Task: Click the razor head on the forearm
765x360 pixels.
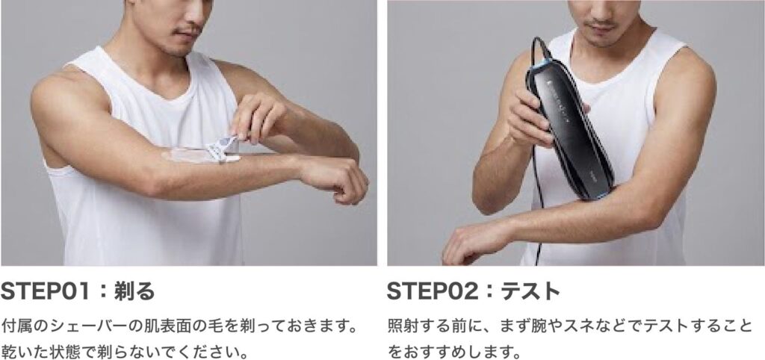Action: click(221, 149)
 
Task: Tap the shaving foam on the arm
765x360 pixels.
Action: click(188, 156)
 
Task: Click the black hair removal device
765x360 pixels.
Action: click(569, 128)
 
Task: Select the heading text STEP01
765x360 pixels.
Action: click(46, 291)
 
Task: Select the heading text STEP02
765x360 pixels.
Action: click(433, 291)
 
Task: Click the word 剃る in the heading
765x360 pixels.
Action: click(134, 291)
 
